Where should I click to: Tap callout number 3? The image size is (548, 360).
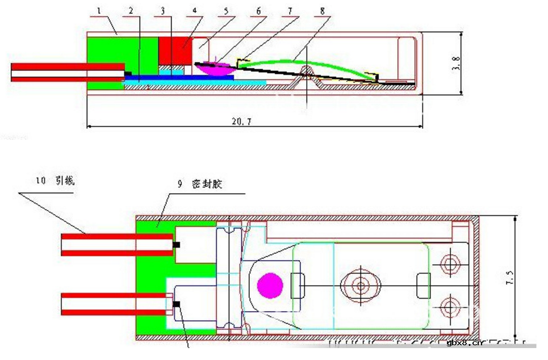(x=162, y=10)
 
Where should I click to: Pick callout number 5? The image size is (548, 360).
(x=226, y=10)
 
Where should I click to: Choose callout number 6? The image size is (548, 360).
(x=258, y=10)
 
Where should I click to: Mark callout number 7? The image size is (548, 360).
(x=290, y=10)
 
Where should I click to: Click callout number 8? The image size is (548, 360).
(x=322, y=10)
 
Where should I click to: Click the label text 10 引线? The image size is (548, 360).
(x=55, y=181)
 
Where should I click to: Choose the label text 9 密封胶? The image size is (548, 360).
(x=196, y=185)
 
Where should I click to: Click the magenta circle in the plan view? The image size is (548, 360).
(x=270, y=284)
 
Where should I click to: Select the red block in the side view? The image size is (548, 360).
(x=174, y=50)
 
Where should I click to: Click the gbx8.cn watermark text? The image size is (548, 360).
(x=464, y=343)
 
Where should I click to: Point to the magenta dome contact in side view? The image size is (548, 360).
(x=216, y=69)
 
